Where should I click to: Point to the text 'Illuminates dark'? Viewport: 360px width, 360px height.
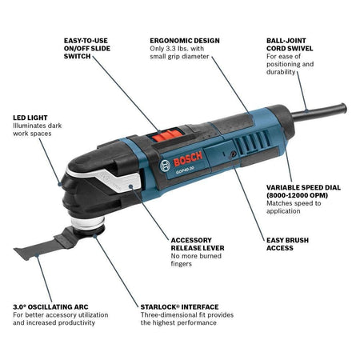point(37,126)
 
